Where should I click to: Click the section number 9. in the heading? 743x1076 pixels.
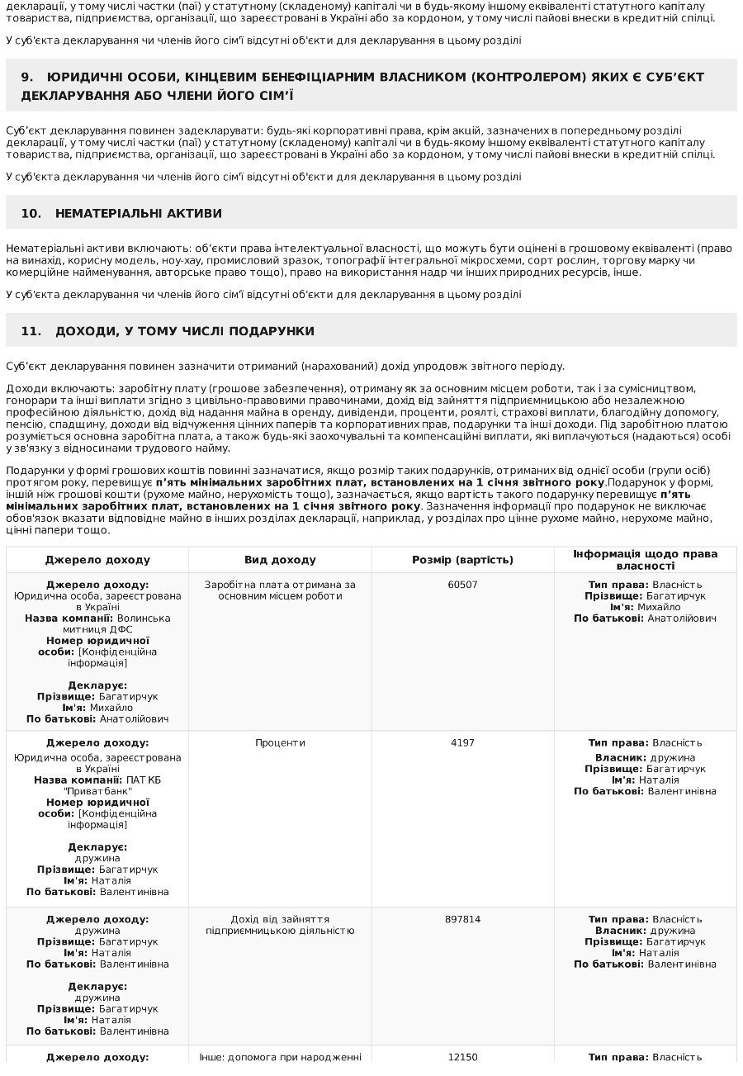27,77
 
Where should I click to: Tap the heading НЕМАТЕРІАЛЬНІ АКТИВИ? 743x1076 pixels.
138,213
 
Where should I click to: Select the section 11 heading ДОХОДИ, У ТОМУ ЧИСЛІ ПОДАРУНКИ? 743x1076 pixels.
184,331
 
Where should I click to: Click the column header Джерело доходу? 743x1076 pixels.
97,560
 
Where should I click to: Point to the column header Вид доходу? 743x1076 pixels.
280,560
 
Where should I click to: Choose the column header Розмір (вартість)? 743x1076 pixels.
462,560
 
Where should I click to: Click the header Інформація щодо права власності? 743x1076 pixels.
645,560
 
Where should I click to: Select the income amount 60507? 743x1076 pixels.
462,585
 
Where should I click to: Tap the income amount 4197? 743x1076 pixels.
462,743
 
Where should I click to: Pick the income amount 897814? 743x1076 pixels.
462,919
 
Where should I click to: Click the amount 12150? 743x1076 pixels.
462,1057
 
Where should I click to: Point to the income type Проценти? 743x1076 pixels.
280,743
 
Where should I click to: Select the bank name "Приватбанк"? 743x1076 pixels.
97,791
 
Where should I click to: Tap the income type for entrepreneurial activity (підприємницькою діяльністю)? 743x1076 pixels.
280,931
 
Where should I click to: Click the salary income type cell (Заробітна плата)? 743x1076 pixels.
280,590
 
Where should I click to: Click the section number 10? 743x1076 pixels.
31,213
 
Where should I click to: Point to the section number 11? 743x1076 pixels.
31,331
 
